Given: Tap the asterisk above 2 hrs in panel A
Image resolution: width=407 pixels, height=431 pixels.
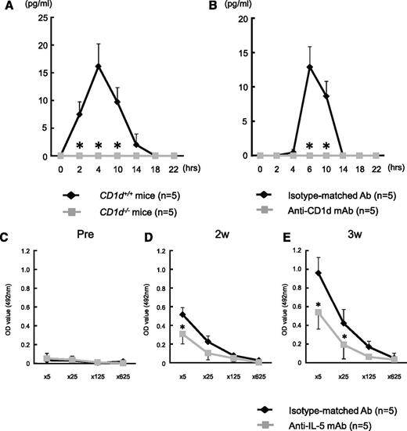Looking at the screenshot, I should pos(79,146).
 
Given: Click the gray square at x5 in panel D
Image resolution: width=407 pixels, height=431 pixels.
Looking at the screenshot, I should pos(160,334).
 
